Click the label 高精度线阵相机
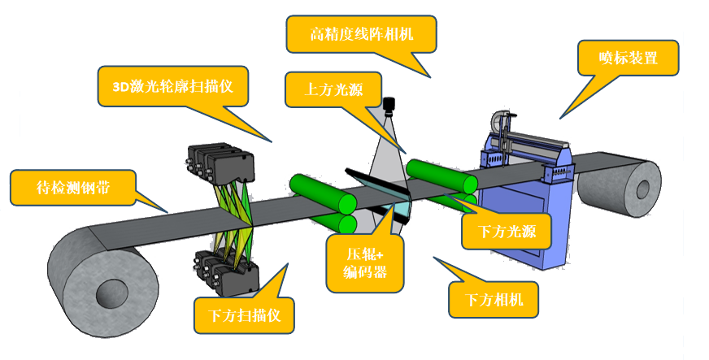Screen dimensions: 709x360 362,34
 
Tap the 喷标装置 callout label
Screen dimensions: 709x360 628,58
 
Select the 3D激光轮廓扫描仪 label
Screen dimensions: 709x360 172,86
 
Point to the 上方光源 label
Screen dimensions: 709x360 333,89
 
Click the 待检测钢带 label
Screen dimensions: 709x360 73,187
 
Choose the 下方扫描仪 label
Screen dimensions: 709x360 244,314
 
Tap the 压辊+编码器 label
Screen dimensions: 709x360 365,262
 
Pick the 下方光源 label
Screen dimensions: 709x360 507,232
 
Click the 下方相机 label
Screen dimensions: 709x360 494,299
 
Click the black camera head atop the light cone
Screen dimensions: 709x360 389,104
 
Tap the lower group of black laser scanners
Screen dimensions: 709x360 227,273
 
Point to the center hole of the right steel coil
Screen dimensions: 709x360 642,190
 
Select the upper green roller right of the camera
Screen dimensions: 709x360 441,176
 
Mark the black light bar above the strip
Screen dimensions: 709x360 376,186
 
